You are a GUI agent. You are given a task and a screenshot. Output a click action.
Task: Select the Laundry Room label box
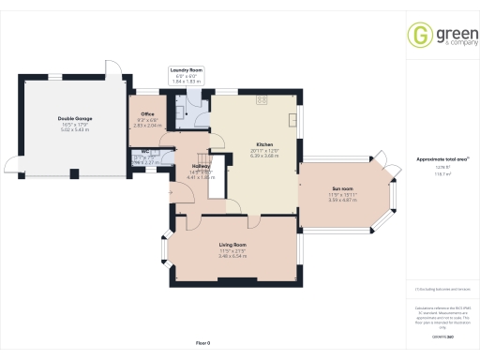(186, 76)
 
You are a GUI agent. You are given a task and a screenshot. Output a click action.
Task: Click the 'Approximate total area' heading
(442, 159)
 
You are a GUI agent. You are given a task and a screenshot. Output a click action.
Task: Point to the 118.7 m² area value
(442, 174)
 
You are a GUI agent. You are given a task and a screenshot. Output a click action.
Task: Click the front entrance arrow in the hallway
(172, 192)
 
